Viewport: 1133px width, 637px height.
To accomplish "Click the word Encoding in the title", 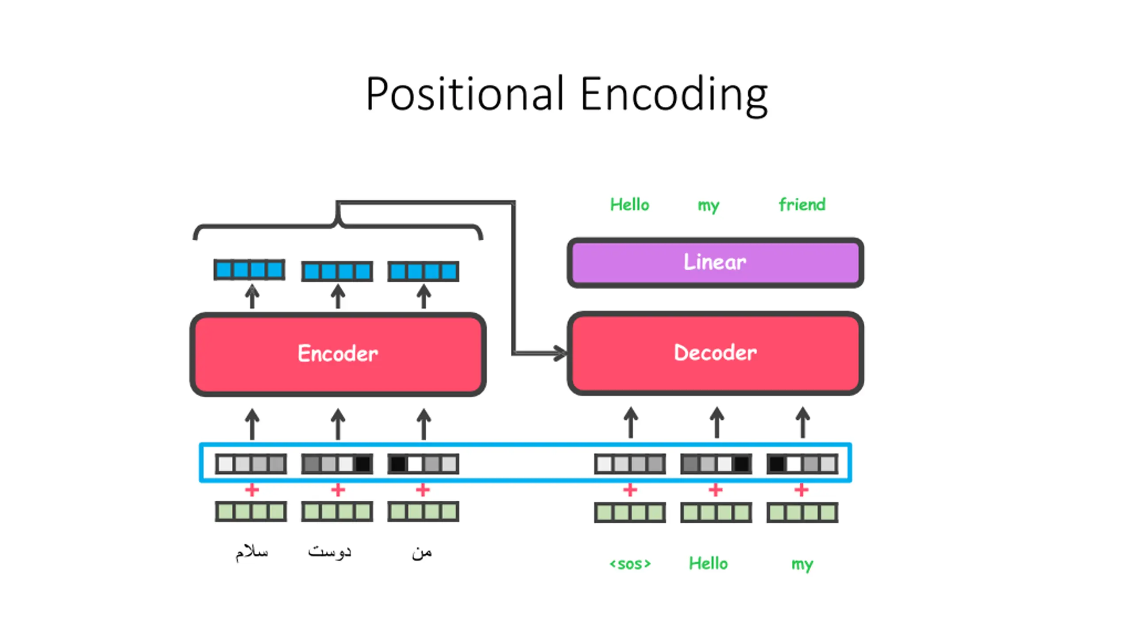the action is (674, 96).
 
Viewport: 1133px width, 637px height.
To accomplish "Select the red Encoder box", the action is (338, 354).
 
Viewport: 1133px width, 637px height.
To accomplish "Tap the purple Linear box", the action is (715, 262).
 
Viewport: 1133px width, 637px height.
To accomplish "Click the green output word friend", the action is (802, 204).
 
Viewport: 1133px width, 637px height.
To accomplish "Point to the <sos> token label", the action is (630, 564).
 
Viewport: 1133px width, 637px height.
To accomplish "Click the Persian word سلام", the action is (252, 552).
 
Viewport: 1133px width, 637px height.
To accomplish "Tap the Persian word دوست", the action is (330, 552).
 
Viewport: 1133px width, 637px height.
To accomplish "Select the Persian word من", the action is (422, 553).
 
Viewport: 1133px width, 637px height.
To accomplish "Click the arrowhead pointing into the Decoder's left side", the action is (560, 353).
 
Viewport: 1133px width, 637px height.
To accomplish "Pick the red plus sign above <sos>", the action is (630, 490).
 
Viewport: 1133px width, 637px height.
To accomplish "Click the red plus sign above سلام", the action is (252, 490).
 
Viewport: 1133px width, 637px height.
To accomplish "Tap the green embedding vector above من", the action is (423, 511).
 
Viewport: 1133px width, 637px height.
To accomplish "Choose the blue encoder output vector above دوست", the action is (337, 271).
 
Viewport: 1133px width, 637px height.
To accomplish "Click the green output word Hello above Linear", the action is (629, 204).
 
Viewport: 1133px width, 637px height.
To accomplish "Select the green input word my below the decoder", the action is (802, 564).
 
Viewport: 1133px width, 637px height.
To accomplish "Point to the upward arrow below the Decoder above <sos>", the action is (631, 423).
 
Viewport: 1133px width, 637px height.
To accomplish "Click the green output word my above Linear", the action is (709, 206).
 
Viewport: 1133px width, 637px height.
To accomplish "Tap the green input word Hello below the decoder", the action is (708, 563).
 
